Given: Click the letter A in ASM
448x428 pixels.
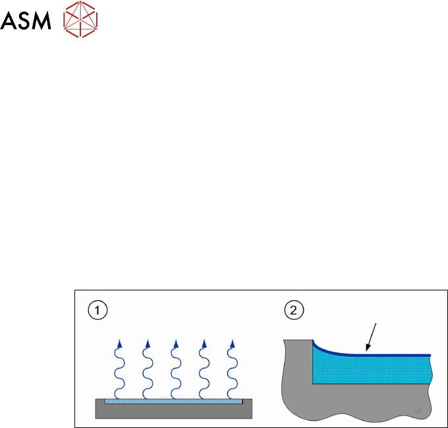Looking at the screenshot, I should coord(9,22).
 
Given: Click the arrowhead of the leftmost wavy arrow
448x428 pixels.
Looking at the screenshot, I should coord(119,344).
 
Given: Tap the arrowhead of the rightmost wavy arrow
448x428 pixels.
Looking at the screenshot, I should coord(231,344).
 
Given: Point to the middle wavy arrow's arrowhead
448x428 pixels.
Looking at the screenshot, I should coord(175,344).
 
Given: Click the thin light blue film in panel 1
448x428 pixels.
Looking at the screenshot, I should coord(175,400).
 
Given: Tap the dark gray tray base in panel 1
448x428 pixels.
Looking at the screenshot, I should coord(175,411).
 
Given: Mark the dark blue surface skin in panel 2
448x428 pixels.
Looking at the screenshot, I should coord(395,356).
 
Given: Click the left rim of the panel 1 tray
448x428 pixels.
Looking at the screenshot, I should coord(100,400).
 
